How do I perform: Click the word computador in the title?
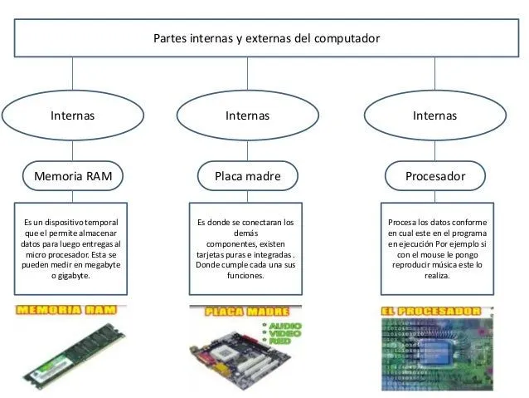347,39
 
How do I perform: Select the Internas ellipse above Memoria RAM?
72,115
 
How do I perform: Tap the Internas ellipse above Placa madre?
247,115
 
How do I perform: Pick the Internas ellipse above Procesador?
434,115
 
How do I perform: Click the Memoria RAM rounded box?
72,176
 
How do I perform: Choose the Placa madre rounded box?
247,176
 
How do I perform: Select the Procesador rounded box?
434,176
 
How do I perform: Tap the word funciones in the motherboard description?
247,275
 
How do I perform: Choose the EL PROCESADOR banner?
431,312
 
